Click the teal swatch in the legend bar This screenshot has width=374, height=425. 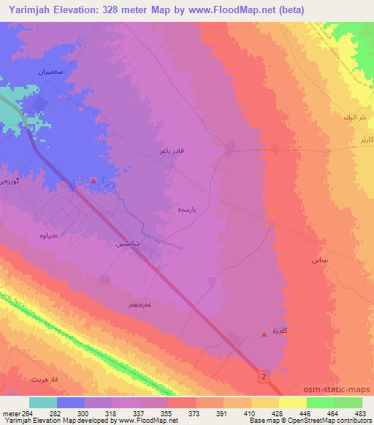coord(43,402)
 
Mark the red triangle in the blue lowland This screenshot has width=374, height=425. coord(93,180)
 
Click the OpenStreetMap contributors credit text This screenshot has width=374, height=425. coord(320,421)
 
